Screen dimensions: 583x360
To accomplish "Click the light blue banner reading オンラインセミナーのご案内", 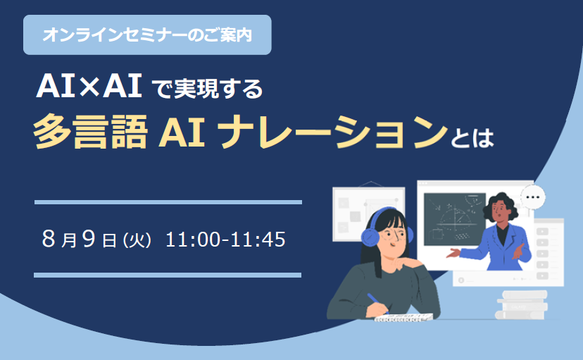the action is click(147, 35).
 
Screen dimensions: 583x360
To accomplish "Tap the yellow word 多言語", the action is click(91, 132).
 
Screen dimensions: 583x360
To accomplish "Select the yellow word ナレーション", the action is click(332, 132).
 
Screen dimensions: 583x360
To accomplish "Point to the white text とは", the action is click(472, 137).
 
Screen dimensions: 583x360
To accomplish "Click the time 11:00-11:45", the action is click(225, 239).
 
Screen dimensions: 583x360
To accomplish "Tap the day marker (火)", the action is click(137, 240).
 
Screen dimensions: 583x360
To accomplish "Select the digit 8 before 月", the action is click(49, 238).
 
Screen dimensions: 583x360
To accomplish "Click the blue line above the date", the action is click(168, 202).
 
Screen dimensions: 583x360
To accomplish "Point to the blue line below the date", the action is click(168, 275).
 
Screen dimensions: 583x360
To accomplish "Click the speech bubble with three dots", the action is click(533, 197).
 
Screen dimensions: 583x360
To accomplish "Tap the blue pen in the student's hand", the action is click(376, 301).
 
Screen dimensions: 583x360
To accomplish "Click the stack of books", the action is click(522, 305).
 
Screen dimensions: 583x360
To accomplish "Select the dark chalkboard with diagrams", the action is click(454, 219).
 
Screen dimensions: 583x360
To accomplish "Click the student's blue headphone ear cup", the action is click(370, 237).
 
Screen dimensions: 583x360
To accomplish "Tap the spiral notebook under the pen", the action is click(403, 318).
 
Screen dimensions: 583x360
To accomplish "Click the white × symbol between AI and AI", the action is click(88, 87).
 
